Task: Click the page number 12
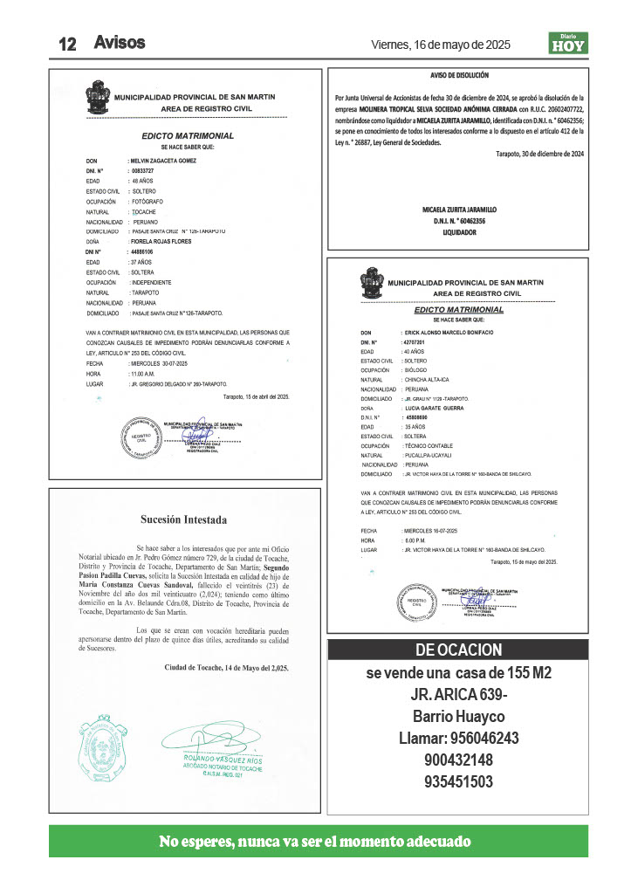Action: tap(69, 44)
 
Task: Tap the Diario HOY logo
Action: tap(567, 43)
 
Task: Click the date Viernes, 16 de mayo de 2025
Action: tap(441, 44)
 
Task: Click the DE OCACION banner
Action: tap(458, 650)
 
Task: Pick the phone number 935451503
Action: tap(458, 781)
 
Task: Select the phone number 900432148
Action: tap(458, 760)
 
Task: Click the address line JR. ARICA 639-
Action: tap(458, 695)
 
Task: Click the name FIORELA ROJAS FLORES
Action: tap(161, 241)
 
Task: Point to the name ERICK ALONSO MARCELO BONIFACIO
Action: tap(449, 334)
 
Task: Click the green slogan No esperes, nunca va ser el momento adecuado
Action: tap(315, 842)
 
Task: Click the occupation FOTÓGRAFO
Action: tap(149, 201)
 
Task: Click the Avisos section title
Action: tap(120, 42)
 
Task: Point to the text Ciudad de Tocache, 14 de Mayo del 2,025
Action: tap(226, 667)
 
